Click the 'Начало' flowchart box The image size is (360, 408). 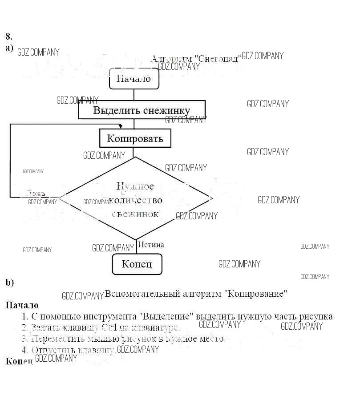[133, 79]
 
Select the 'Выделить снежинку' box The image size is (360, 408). [142, 110]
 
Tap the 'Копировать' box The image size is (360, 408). [135, 138]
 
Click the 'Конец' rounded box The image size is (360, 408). [137, 264]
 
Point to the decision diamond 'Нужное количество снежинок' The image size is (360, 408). [135, 199]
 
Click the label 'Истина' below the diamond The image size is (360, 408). [151, 245]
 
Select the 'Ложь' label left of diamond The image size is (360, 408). [36, 194]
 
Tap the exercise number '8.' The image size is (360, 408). [9, 36]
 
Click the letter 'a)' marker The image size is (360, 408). [9, 47]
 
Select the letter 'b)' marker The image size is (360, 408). [10, 283]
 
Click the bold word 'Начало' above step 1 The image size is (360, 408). [22, 306]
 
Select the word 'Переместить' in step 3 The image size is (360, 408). [57, 339]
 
